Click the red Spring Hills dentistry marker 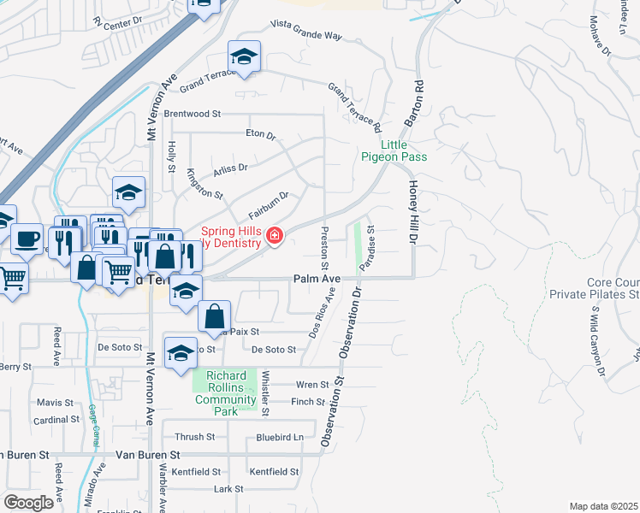click(x=274, y=236)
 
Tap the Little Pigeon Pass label click(x=392, y=150)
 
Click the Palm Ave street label click(x=317, y=279)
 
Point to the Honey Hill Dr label click(x=412, y=213)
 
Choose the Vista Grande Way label click(x=305, y=32)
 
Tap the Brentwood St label click(x=193, y=113)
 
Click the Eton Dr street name click(x=261, y=135)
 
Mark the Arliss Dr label click(x=230, y=168)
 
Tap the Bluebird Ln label click(x=280, y=437)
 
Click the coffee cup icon click(x=27, y=237)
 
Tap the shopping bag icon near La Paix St click(x=214, y=315)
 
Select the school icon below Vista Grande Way click(x=244, y=57)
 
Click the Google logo click(x=29, y=502)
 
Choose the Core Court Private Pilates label click(x=613, y=288)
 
